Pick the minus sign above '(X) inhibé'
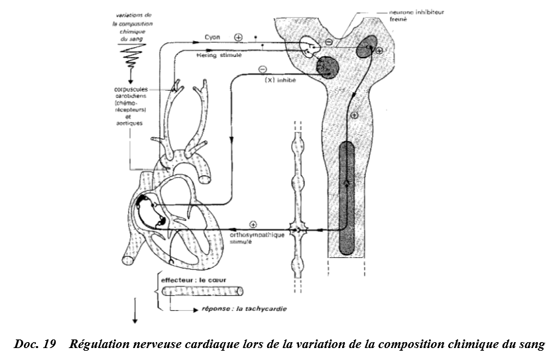coord(263,69)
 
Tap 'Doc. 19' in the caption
coord(31,343)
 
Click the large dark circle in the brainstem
coord(327,66)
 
